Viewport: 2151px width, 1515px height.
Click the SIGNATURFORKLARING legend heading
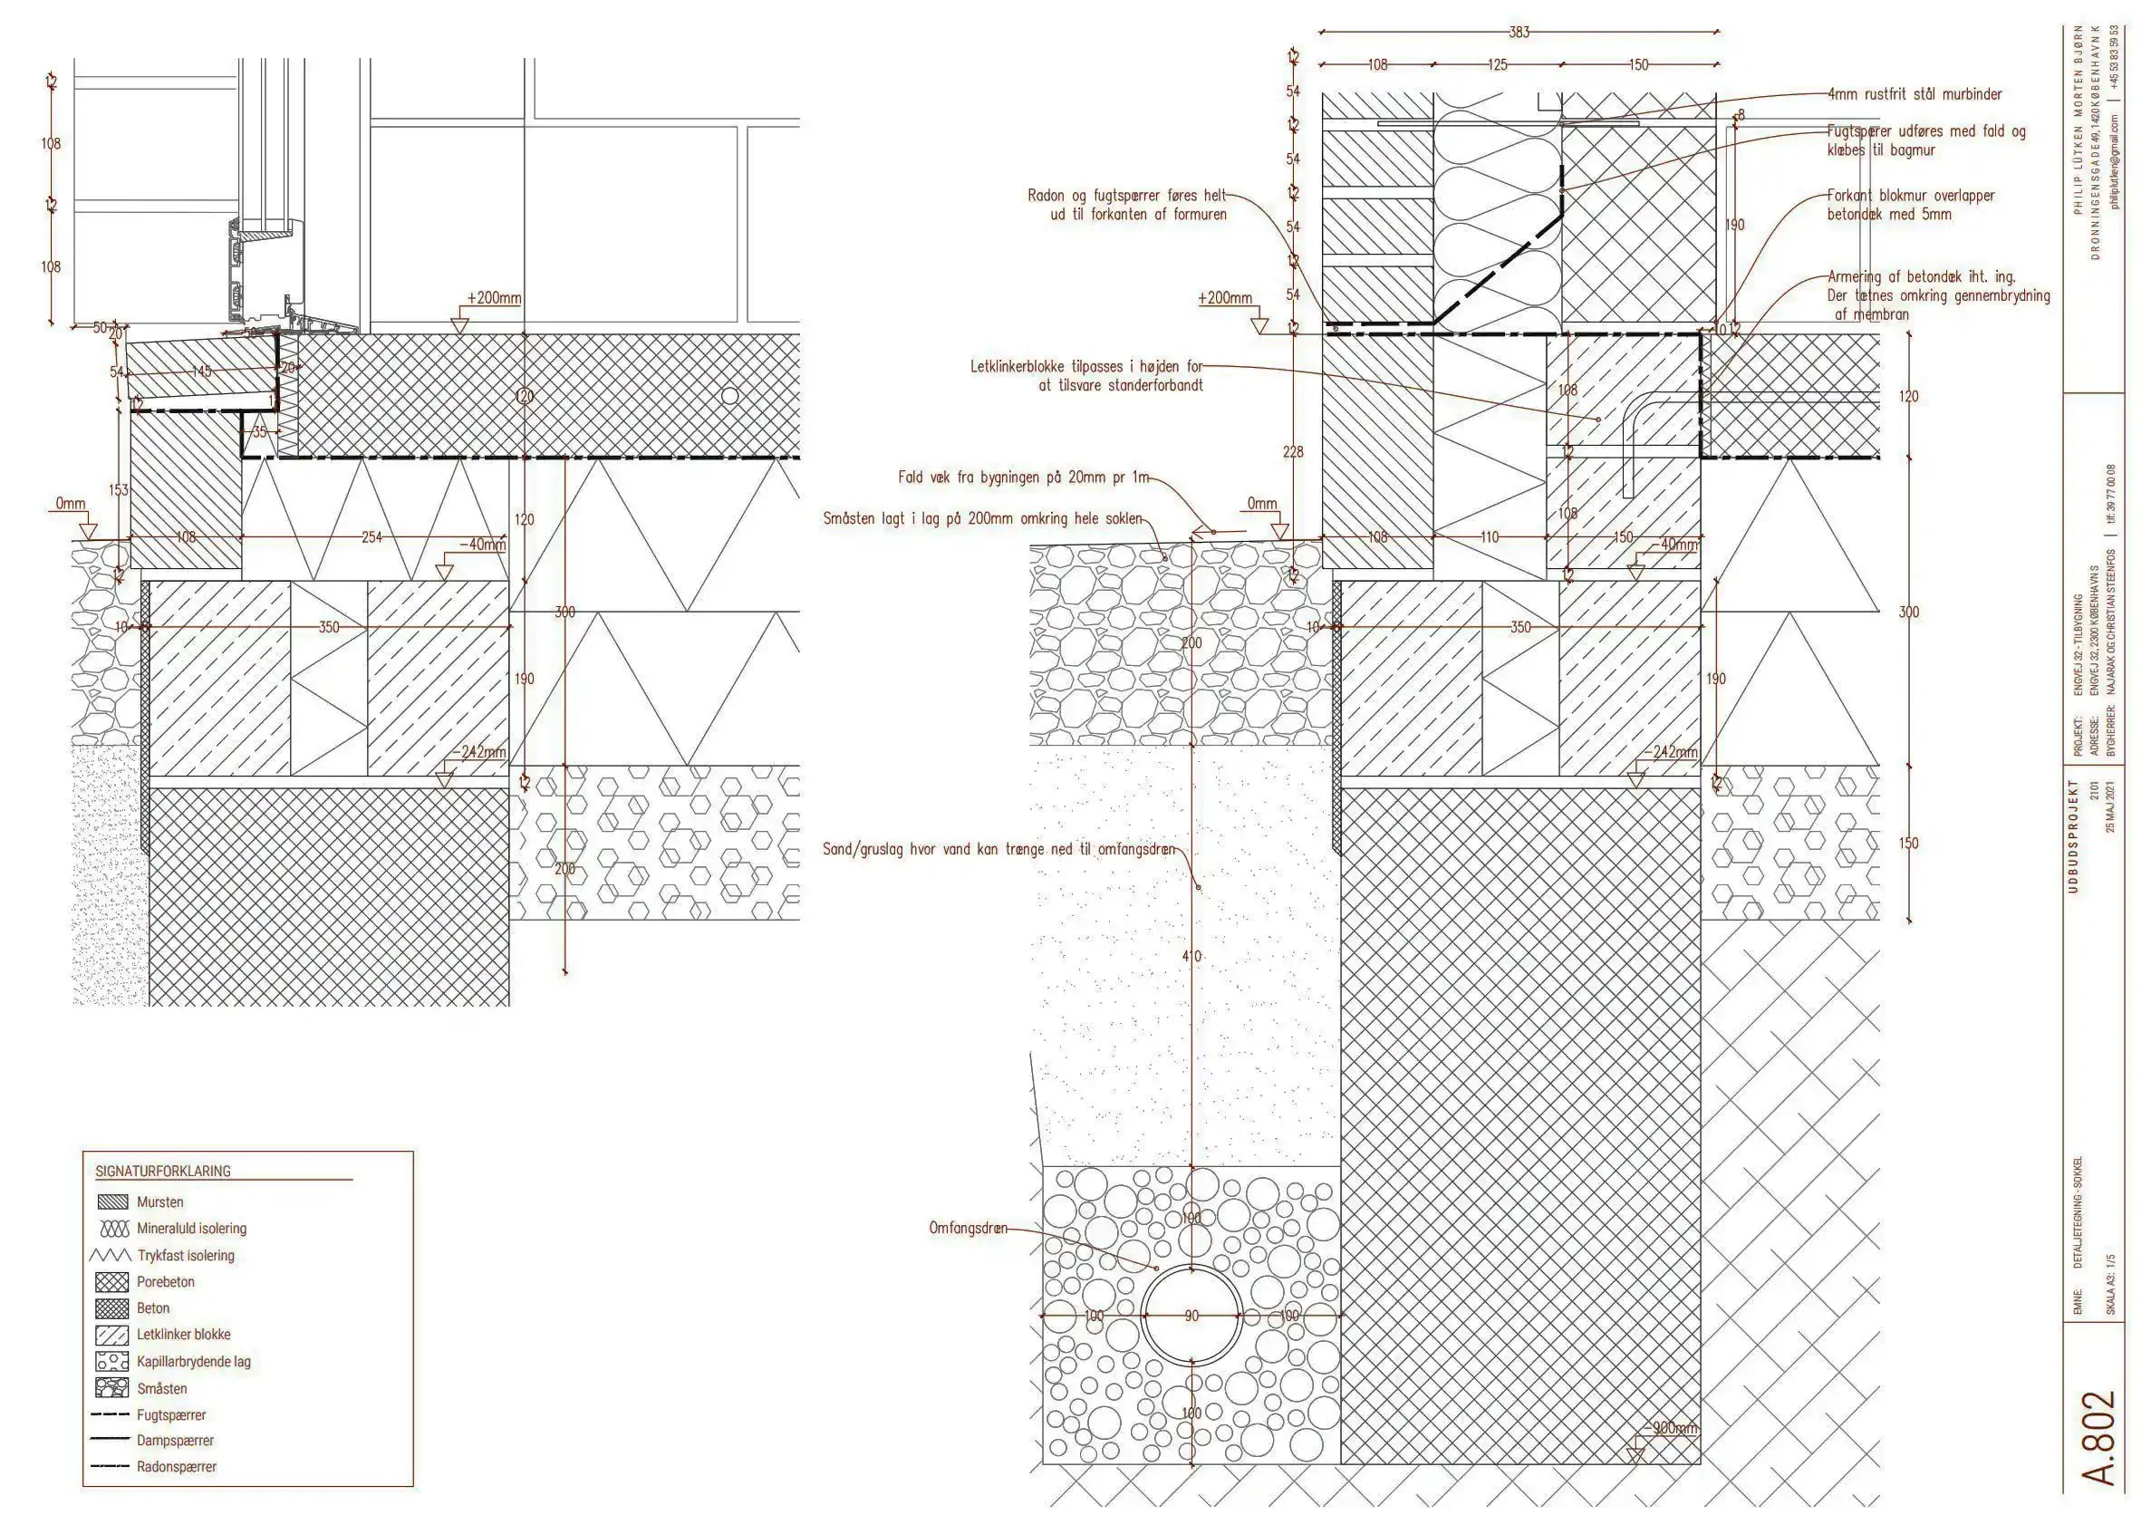point(162,1172)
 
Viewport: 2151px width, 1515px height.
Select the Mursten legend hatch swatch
point(112,1202)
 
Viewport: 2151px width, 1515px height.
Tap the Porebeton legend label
point(166,1282)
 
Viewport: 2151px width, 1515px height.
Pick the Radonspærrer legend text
point(176,1466)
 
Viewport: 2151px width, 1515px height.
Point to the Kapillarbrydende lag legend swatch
point(112,1361)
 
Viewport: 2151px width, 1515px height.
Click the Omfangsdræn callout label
point(968,1228)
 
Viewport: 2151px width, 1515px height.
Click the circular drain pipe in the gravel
point(1191,1315)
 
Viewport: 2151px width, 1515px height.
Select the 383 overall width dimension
point(1518,33)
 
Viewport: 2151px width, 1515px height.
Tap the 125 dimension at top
point(1497,65)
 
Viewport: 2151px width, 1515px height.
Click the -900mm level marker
point(1670,1429)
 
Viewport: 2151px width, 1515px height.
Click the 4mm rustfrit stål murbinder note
point(1914,94)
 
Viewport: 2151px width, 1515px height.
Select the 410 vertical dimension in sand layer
point(1191,957)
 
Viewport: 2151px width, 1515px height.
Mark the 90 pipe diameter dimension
point(1191,1317)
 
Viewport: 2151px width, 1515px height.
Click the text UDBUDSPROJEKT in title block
point(2072,835)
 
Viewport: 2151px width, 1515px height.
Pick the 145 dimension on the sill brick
point(201,372)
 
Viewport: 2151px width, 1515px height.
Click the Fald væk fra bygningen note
point(1023,478)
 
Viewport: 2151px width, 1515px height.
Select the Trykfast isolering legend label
point(186,1256)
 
